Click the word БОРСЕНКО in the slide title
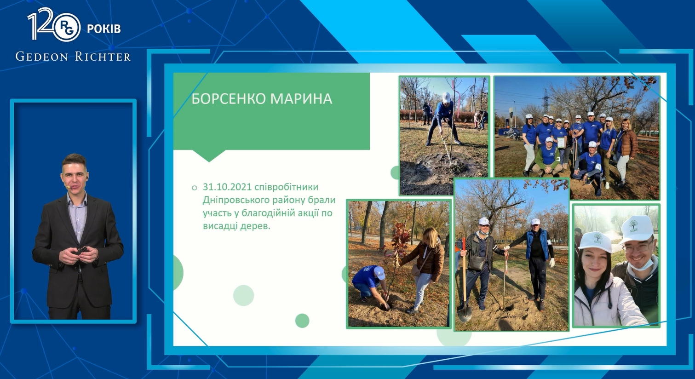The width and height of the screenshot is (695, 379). coord(229,99)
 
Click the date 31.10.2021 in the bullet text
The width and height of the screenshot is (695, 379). coord(227,187)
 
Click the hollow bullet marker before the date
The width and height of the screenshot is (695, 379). coord(195,188)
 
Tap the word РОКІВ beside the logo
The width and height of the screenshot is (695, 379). coord(103,29)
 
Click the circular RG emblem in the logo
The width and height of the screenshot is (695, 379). coord(66,28)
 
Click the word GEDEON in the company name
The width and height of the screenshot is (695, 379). coord(42,57)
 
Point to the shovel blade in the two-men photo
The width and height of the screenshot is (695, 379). coord(465,313)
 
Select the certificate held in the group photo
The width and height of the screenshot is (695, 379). coord(561,143)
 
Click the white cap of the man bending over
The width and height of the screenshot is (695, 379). coord(446,97)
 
